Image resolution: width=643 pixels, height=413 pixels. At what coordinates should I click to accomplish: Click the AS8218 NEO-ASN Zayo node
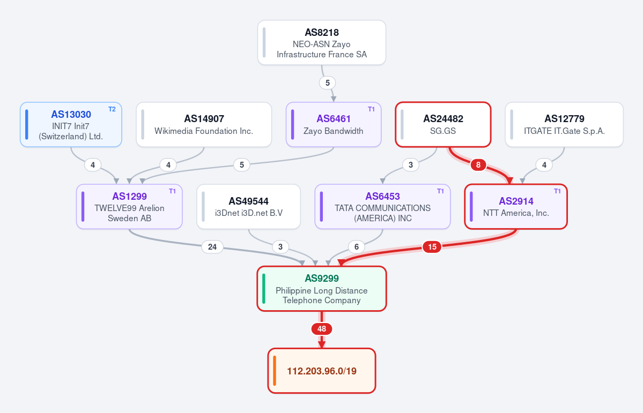click(322, 43)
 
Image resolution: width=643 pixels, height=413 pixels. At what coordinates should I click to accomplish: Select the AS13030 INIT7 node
click(71, 125)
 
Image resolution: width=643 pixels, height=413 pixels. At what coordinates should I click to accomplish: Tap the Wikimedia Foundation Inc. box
click(204, 125)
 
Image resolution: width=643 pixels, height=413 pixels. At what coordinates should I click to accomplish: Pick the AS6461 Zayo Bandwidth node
click(334, 125)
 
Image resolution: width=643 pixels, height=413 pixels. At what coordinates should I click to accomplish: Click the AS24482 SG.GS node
click(444, 125)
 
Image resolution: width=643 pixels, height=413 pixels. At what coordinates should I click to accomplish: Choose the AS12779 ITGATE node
click(564, 125)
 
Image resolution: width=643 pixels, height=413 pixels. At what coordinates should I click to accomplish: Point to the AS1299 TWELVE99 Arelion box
click(129, 207)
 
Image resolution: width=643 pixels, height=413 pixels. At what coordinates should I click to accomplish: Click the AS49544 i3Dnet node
click(248, 207)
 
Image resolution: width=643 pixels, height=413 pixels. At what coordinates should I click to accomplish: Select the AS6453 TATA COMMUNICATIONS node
click(382, 207)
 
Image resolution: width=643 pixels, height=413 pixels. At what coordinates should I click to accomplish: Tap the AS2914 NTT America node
click(516, 207)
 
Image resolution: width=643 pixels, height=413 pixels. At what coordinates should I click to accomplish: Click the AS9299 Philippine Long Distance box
click(322, 289)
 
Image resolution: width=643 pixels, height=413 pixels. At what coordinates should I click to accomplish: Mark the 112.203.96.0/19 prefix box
click(322, 371)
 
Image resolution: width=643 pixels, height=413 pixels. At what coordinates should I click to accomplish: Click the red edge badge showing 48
click(322, 328)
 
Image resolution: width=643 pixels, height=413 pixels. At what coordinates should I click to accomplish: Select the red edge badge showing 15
click(432, 246)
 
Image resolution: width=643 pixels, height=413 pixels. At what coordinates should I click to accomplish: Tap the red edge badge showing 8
click(478, 164)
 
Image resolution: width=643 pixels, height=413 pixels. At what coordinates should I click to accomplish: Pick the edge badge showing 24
click(212, 246)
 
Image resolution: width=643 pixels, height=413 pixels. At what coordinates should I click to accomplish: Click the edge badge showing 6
click(356, 246)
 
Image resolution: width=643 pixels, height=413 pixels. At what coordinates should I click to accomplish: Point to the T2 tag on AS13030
click(112, 109)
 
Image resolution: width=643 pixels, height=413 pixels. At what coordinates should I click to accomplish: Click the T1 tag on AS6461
click(371, 109)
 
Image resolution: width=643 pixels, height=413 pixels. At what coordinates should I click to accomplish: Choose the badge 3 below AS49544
click(280, 246)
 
